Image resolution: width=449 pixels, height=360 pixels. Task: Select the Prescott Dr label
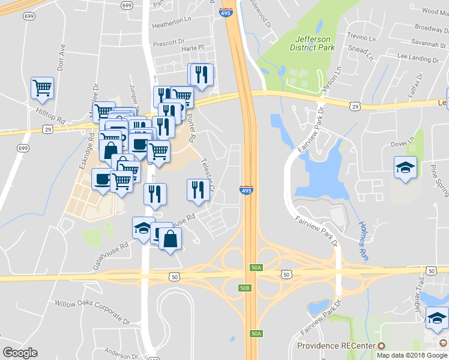[x=168, y=43]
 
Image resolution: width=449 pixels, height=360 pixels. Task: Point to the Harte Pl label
[x=193, y=47]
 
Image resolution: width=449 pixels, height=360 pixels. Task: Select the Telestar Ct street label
[x=208, y=175]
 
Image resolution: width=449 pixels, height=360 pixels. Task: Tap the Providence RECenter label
[x=336, y=346]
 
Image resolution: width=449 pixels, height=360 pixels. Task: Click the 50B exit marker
[x=244, y=289]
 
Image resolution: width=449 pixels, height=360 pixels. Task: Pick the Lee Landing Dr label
[x=418, y=58]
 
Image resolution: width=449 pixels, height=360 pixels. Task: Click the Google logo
[x=20, y=353]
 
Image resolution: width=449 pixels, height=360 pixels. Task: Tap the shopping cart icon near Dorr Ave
[x=42, y=88]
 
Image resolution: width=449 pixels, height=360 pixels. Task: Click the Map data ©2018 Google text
[x=412, y=355]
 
